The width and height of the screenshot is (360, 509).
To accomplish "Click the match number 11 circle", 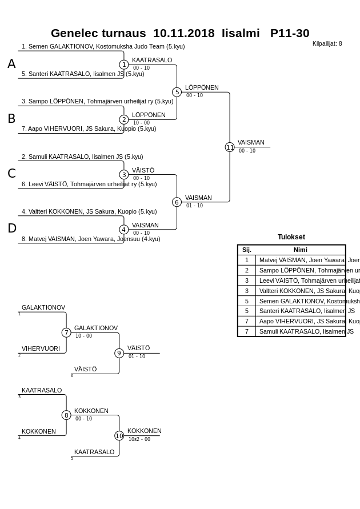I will point(230,147).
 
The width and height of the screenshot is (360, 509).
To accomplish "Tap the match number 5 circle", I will point(177,92).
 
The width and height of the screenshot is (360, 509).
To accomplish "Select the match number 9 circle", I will point(119,353).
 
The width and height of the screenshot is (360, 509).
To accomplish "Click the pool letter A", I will point(11,64).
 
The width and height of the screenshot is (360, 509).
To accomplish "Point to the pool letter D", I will point(12,229).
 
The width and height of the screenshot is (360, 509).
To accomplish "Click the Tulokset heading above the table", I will point(291,237).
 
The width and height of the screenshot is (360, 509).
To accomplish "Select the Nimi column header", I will point(300,250).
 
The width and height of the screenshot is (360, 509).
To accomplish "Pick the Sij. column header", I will point(246,250).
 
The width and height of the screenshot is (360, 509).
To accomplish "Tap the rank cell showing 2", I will point(246,270).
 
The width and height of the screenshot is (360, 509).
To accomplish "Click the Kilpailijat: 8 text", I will point(327,43).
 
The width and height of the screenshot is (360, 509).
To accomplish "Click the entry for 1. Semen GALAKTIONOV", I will point(103,46).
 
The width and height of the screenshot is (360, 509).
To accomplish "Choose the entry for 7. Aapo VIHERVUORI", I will point(89,129).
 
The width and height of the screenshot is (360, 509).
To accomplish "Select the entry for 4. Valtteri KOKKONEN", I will point(89,211).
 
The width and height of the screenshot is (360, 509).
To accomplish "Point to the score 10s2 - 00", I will point(139,439).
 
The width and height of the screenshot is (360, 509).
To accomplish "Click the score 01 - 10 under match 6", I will point(194,206).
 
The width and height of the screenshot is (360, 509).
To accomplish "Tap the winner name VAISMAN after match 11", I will point(251,142).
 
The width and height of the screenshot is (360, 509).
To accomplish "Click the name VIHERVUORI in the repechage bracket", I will point(41,348).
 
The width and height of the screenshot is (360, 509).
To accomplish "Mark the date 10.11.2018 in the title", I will point(183,33).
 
